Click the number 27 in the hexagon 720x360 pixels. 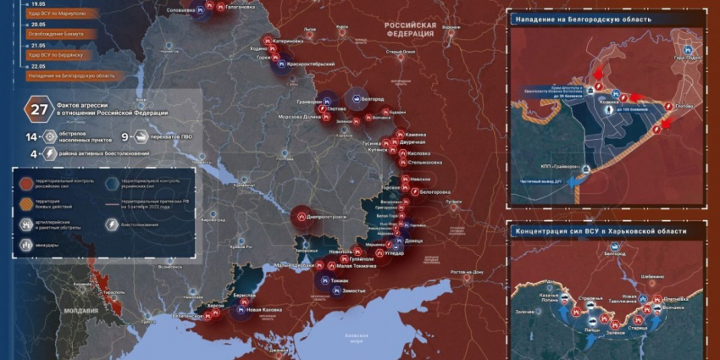click(39, 108)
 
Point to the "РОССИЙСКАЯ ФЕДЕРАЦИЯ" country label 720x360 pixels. click(410, 30)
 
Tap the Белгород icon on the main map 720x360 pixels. click(357, 98)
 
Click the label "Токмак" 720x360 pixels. click(340, 280)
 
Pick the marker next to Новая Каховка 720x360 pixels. click(239, 311)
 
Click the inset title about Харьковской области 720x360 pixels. click(601, 231)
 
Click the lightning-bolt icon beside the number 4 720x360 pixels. click(49, 153)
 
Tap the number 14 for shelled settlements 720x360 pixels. click(31, 136)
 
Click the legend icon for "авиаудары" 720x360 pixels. click(27, 244)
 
